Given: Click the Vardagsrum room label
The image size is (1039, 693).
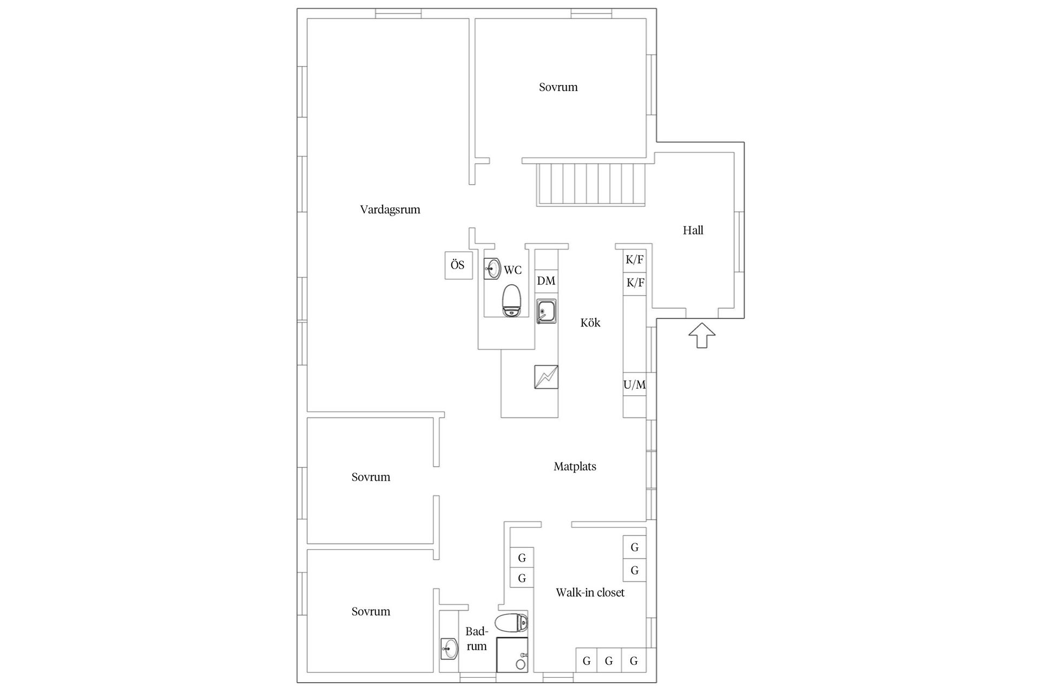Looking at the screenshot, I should point(390,210).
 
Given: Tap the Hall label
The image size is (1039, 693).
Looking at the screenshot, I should point(693,231).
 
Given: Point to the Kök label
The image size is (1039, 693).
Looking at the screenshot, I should point(590,323).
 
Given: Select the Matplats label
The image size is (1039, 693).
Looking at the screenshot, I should point(575,466).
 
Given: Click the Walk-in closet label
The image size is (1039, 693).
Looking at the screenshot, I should point(590,592).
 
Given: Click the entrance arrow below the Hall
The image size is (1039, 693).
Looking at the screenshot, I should point(702,335).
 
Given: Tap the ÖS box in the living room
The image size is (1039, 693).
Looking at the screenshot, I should point(458,265).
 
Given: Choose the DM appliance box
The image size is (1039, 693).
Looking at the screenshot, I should point(546,281).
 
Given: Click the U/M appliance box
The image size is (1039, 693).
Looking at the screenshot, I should point(634,385).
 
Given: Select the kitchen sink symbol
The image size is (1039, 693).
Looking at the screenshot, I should point(547,311).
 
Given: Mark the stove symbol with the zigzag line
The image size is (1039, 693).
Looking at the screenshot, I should point(546,377).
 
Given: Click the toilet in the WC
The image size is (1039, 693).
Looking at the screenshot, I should point(511,301).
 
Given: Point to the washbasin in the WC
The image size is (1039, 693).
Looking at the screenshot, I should point(492,268).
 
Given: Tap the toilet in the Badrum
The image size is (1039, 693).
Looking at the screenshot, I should point(511,623).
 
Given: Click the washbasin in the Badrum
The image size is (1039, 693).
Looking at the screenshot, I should point(449,648).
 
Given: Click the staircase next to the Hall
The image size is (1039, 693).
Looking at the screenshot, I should point(591,184).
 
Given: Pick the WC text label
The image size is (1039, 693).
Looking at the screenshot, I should point(512,270).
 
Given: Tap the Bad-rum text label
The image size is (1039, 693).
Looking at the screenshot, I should point(477,638).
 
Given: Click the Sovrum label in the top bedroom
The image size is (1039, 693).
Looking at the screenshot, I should point(558,87).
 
